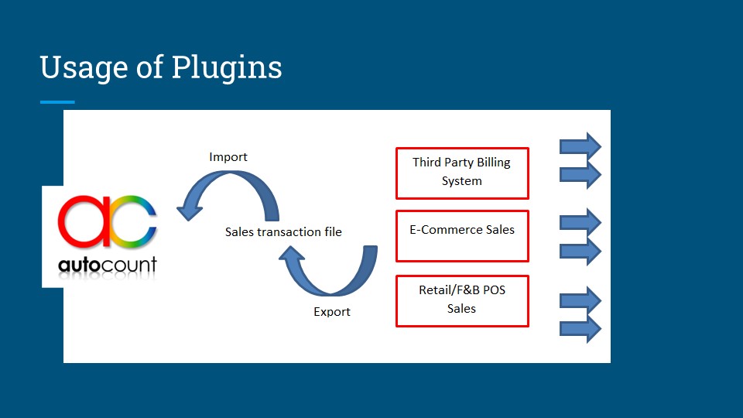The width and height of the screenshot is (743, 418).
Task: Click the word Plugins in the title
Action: point(227,68)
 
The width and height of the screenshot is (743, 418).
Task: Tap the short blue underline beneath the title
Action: point(57,102)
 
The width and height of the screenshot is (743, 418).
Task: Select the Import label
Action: point(228,157)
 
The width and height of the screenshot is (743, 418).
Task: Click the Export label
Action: point(332,312)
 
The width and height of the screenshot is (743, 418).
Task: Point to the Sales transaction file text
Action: point(283,231)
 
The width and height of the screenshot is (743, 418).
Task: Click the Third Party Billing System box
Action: point(462,173)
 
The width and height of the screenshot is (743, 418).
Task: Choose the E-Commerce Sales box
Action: point(462,235)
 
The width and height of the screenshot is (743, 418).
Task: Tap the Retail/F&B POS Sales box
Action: point(462,300)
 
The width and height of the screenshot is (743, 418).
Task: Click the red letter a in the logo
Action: point(85,221)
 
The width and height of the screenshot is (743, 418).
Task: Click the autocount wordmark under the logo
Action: point(108,265)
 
